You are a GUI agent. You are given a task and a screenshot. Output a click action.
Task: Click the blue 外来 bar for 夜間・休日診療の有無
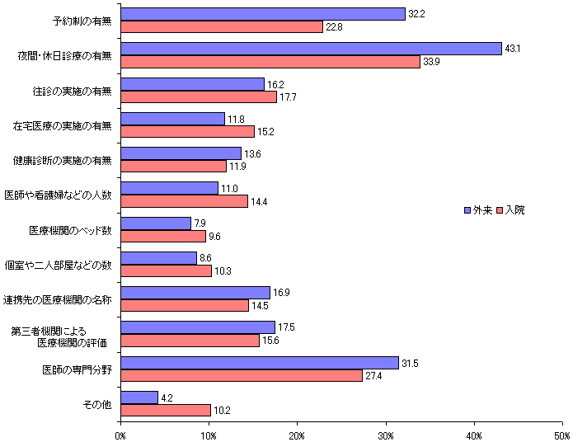point(311,49)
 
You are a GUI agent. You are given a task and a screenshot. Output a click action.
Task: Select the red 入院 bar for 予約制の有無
point(222,26)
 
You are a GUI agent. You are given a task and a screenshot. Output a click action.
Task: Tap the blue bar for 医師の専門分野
point(260,363)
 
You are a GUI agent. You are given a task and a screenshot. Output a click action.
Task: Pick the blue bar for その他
point(139,397)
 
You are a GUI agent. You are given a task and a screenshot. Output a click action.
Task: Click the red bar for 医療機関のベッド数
point(163,236)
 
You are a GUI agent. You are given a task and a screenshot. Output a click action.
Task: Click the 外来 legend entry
point(479,210)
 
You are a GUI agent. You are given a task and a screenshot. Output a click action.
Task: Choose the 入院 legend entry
point(511,210)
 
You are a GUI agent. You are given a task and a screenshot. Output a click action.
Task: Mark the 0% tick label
point(120,435)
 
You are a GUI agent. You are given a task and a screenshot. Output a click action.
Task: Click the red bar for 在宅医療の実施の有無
point(188,131)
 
